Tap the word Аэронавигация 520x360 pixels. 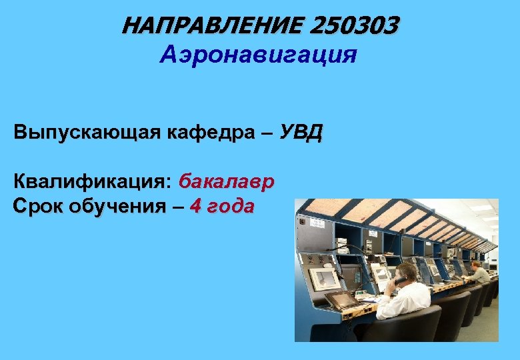[259, 54]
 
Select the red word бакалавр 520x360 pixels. [227, 181]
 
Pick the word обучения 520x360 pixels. [126, 206]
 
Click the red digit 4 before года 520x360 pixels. [195, 205]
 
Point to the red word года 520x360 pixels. [230, 206]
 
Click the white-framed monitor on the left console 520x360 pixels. [323, 278]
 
